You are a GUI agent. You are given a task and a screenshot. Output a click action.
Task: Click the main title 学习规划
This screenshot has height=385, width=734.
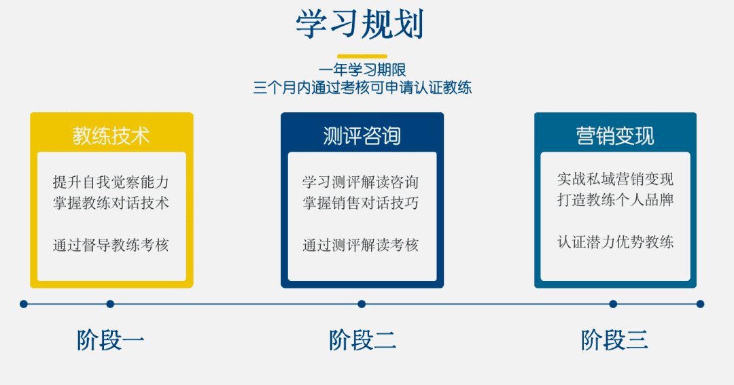(360, 24)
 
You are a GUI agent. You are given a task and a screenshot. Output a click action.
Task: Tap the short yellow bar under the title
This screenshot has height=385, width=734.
(362, 56)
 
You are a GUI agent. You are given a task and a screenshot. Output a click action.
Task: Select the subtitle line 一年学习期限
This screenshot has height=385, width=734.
(362, 70)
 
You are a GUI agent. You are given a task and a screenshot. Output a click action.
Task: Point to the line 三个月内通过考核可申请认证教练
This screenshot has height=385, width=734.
(362, 88)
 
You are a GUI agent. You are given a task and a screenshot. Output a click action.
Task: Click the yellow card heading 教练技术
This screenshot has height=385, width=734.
(111, 136)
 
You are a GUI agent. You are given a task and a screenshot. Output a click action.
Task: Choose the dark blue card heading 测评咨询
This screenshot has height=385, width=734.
(362, 136)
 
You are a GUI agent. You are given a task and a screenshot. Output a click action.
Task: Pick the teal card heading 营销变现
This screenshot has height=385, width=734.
(615, 136)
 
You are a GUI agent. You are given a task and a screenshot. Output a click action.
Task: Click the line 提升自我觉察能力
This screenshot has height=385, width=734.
(111, 182)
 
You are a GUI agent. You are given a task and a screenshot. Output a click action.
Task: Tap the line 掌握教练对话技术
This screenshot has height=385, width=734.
(111, 203)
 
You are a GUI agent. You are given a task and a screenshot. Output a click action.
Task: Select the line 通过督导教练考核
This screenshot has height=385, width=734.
(111, 245)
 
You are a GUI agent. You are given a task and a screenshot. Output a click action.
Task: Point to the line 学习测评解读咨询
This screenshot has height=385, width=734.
(360, 182)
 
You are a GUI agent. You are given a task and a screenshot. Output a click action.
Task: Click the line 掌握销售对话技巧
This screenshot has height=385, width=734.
(360, 203)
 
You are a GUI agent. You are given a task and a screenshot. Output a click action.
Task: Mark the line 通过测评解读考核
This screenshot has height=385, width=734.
(360, 245)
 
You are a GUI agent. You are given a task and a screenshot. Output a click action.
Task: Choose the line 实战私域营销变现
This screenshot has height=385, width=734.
(616, 179)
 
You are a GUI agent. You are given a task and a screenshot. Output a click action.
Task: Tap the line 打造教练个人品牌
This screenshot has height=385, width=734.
(616, 200)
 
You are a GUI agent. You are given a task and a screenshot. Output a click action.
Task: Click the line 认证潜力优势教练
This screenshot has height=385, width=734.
(616, 242)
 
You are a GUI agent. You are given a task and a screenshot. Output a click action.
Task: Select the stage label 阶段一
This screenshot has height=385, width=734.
(111, 340)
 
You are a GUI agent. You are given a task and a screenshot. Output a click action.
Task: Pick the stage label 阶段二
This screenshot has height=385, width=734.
(362, 340)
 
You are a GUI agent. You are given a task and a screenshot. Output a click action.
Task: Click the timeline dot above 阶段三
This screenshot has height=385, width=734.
(613, 305)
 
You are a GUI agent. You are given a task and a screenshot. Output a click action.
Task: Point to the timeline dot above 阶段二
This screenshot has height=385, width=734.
(362, 305)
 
